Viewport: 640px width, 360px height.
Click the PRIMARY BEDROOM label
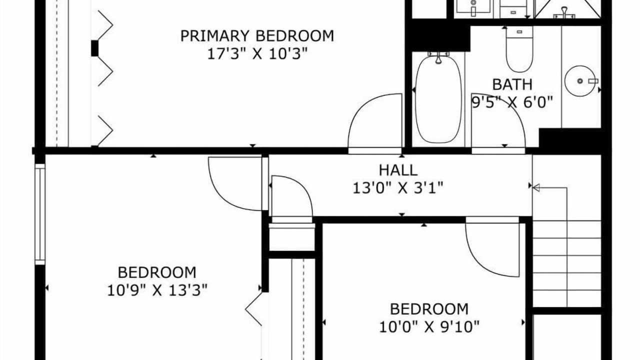(257, 36)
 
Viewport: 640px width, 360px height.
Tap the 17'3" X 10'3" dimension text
(257, 53)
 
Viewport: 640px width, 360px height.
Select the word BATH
(512, 84)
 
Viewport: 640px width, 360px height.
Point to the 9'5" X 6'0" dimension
(512, 102)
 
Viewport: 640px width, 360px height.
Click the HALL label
(398, 170)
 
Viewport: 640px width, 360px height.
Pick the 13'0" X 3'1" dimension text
(398, 188)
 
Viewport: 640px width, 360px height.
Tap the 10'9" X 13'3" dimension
(157, 290)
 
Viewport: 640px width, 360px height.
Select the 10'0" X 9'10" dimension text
(429, 326)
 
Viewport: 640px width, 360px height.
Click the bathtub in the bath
(438, 99)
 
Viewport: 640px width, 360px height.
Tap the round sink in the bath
(580, 81)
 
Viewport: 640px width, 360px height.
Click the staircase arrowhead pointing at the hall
(536, 188)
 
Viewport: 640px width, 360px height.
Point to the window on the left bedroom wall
(40, 214)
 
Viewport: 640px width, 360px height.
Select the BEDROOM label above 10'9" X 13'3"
(157, 272)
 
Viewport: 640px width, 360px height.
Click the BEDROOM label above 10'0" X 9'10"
(429, 309)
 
